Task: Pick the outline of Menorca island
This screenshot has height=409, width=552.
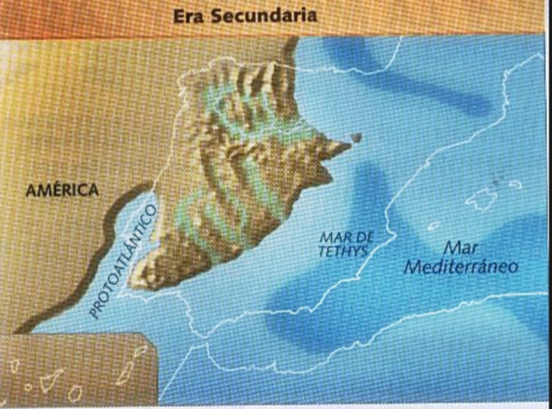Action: coord(515,184)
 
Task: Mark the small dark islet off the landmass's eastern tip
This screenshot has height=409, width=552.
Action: coord(355,137)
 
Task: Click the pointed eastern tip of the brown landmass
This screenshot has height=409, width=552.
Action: coord(343,144)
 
